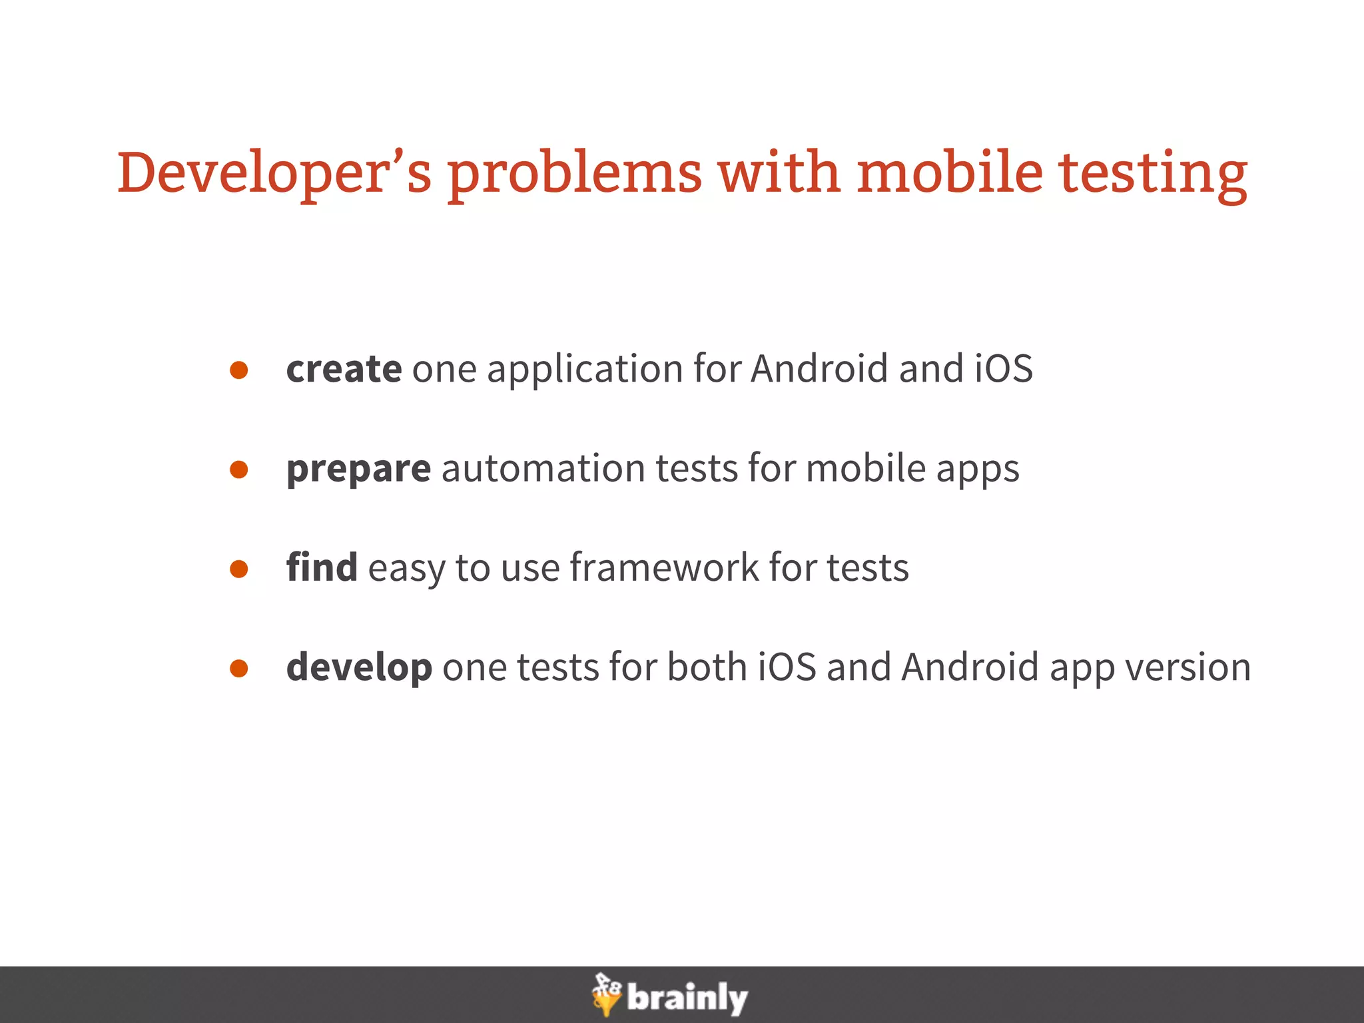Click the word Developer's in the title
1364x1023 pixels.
[x=274, y=172]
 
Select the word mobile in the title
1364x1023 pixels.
[x=949, y=172]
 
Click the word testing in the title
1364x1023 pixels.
[x=1153, y=172]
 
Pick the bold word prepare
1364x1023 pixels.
[x=358, y=468]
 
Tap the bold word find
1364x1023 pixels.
[x=322, y=567]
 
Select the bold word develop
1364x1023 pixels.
[x=359, y=667]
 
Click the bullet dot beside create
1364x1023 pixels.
[x=239, y=370]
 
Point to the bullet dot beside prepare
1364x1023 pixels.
[x=239, y=470]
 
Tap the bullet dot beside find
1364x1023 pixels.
[x=239, y=569]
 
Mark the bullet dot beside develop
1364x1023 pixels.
[x=239, y=669]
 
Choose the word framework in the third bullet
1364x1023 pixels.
[x=663, y=567]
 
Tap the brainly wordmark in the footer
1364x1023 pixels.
[x=687, y=998]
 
